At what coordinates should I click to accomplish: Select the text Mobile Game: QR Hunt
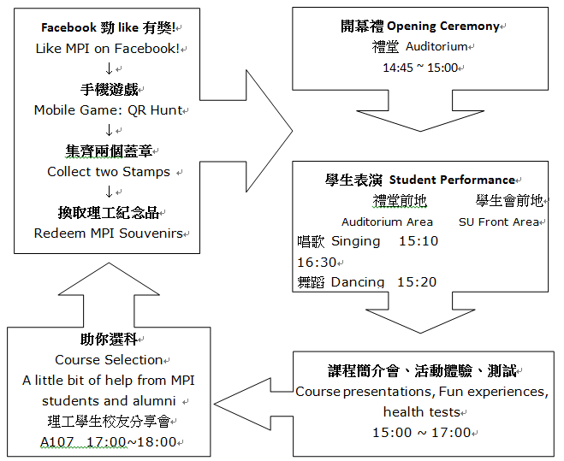pyautogui.click(x=108, y=110)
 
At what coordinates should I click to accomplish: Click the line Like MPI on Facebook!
pyautogui.click(x=108, y=49)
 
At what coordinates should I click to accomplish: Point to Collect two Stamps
pyautogui.click(x=109, y=172)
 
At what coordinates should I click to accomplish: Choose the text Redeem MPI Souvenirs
pyautogui.click(x=108, y=233)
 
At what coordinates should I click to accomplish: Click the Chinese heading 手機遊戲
pyautogui.click(x=108, y=90)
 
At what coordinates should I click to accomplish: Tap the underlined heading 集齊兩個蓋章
pyautogui.click(x=108, y=151)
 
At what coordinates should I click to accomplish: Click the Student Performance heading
pyautogui.click(x=419, y=180)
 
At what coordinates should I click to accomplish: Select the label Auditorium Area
pyautogui.click(x=387, y=222)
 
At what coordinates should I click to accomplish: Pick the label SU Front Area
pyautogui.click(x=499, y=222)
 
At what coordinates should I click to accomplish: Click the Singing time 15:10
pyautogui.click(x=419, y=241)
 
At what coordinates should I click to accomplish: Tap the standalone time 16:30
pyautogui.click(x=316, y=262)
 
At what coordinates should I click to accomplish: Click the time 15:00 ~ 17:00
pyautogui.click(x=421, y=433)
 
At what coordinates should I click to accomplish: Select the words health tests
pyautogui.click(x=421, y=412)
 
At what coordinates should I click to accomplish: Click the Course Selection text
pyautogui.click(x=109, y=360)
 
